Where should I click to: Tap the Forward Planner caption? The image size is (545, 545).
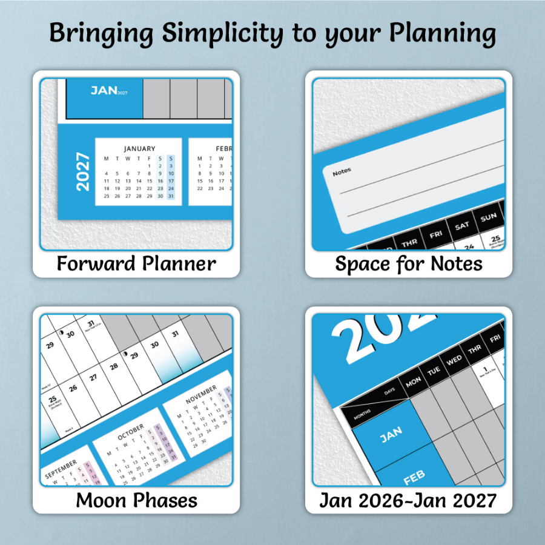coord(136,263)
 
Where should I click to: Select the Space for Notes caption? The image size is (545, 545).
coord(409,263)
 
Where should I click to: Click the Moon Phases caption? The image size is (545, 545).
coord(136,500)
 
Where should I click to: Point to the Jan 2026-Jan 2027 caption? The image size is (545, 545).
coord(408,500)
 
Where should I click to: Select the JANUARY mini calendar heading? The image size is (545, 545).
coord(139,148)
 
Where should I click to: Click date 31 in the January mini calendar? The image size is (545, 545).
coord(171,196)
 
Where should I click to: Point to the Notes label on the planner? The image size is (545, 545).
coord(342,173)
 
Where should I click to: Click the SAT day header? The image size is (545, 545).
coord(462,226)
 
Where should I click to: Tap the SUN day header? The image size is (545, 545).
coord(489,217)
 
